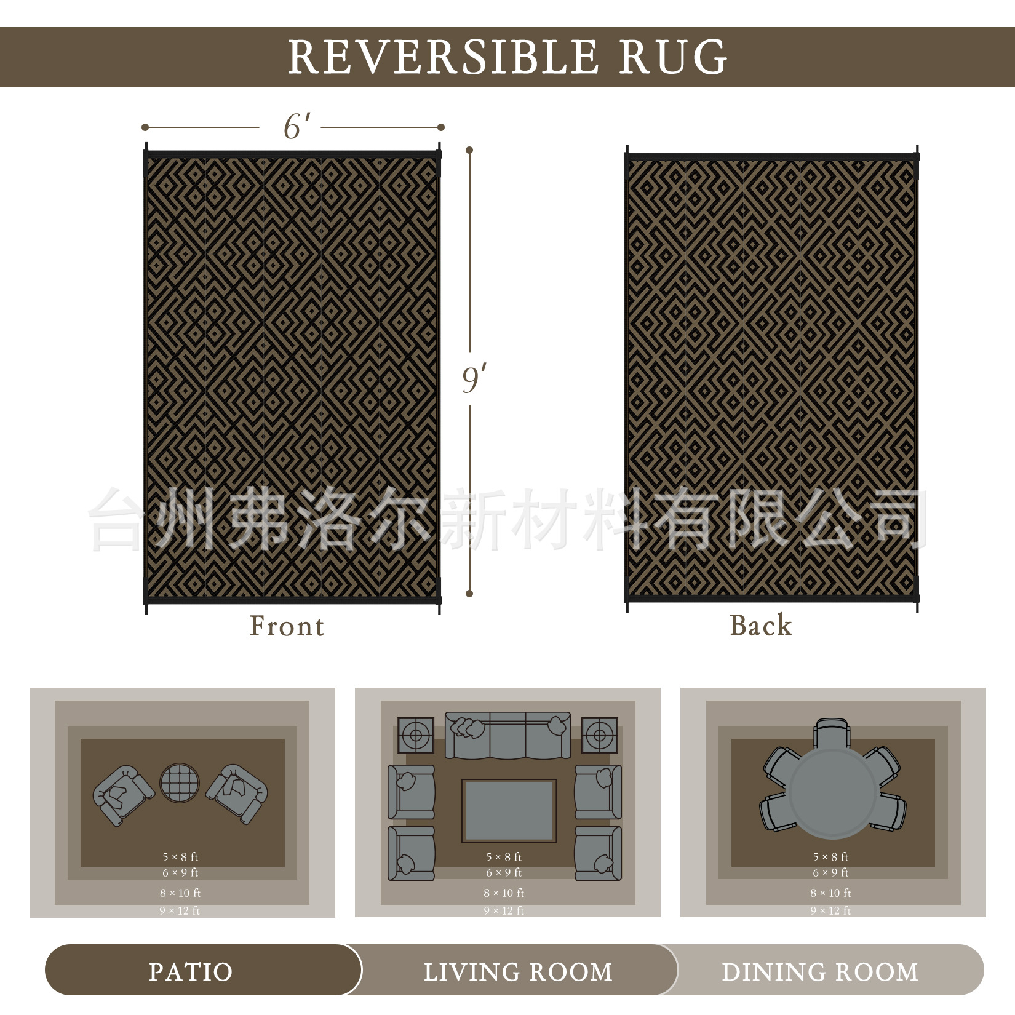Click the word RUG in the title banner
tap(673, 57)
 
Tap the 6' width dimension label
tap(296, 127)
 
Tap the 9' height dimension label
tap(474, 380)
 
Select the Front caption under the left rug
tap(287, 626)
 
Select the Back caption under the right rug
tap(761, 625)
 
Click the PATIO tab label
tap(191, 972)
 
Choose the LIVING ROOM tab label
tap(518, 972)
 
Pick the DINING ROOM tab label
tap(819, 972)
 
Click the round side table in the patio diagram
tap(180, 782)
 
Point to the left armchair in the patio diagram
tap(123, 795)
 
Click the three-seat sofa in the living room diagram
tap(508, 736)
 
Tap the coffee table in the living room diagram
tap(509, 811)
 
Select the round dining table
tap(833, 794)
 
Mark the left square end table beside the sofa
tap(416, 735)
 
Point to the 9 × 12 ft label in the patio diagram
tap(180, 910)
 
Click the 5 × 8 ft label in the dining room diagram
tap(830, 856)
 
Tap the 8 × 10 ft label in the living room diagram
tap(504, 893)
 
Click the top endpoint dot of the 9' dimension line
tap(469, 150)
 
